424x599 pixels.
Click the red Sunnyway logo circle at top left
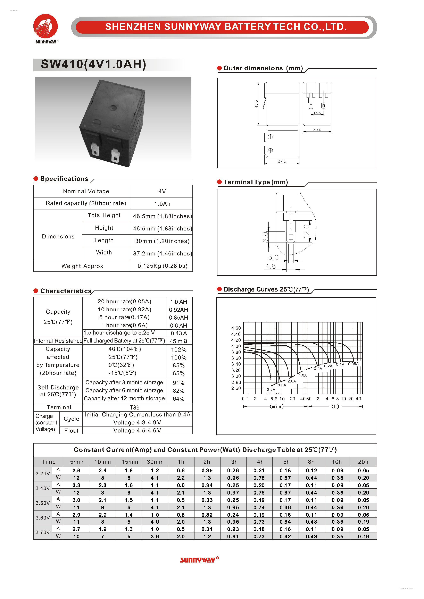point(45,26)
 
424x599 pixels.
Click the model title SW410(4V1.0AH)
point(93,64)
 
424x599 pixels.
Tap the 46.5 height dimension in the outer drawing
point(256,104)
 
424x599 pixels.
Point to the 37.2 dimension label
point(282,161)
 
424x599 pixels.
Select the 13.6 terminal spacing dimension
point(317,113)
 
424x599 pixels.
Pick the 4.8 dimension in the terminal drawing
point(271,266)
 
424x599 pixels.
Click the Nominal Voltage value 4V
point(162,191)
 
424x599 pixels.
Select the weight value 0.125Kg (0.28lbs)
point(162,266)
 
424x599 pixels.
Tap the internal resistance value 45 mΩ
point(178,341)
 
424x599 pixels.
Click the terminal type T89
point(135,407)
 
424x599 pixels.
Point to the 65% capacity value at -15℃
point(178,373)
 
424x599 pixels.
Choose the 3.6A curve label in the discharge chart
point(271,389)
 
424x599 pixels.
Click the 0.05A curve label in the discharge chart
point(353,364)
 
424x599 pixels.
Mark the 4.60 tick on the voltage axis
point(236,328)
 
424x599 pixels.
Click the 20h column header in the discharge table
point(363,462)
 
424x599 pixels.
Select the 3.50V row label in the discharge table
point(43,503)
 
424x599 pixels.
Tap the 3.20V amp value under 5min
point(76,470)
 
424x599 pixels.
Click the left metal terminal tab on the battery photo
point(95,150)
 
